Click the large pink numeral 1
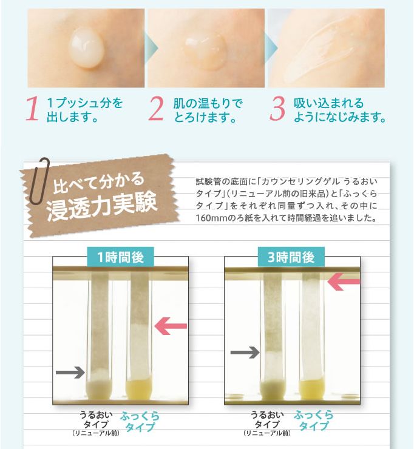32,109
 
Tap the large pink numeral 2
156,109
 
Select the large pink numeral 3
277,109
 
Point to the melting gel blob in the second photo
205,52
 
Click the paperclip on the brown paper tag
41,181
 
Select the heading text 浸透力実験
102,205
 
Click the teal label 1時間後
120,257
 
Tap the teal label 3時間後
291,257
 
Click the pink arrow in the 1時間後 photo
171,326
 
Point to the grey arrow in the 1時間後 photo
70,373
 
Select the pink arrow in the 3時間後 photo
344,282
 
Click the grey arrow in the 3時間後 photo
245,352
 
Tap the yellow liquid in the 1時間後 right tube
139,389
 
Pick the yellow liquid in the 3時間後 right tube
312,389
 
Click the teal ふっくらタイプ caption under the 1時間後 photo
140,421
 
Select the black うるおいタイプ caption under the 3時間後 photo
267,419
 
